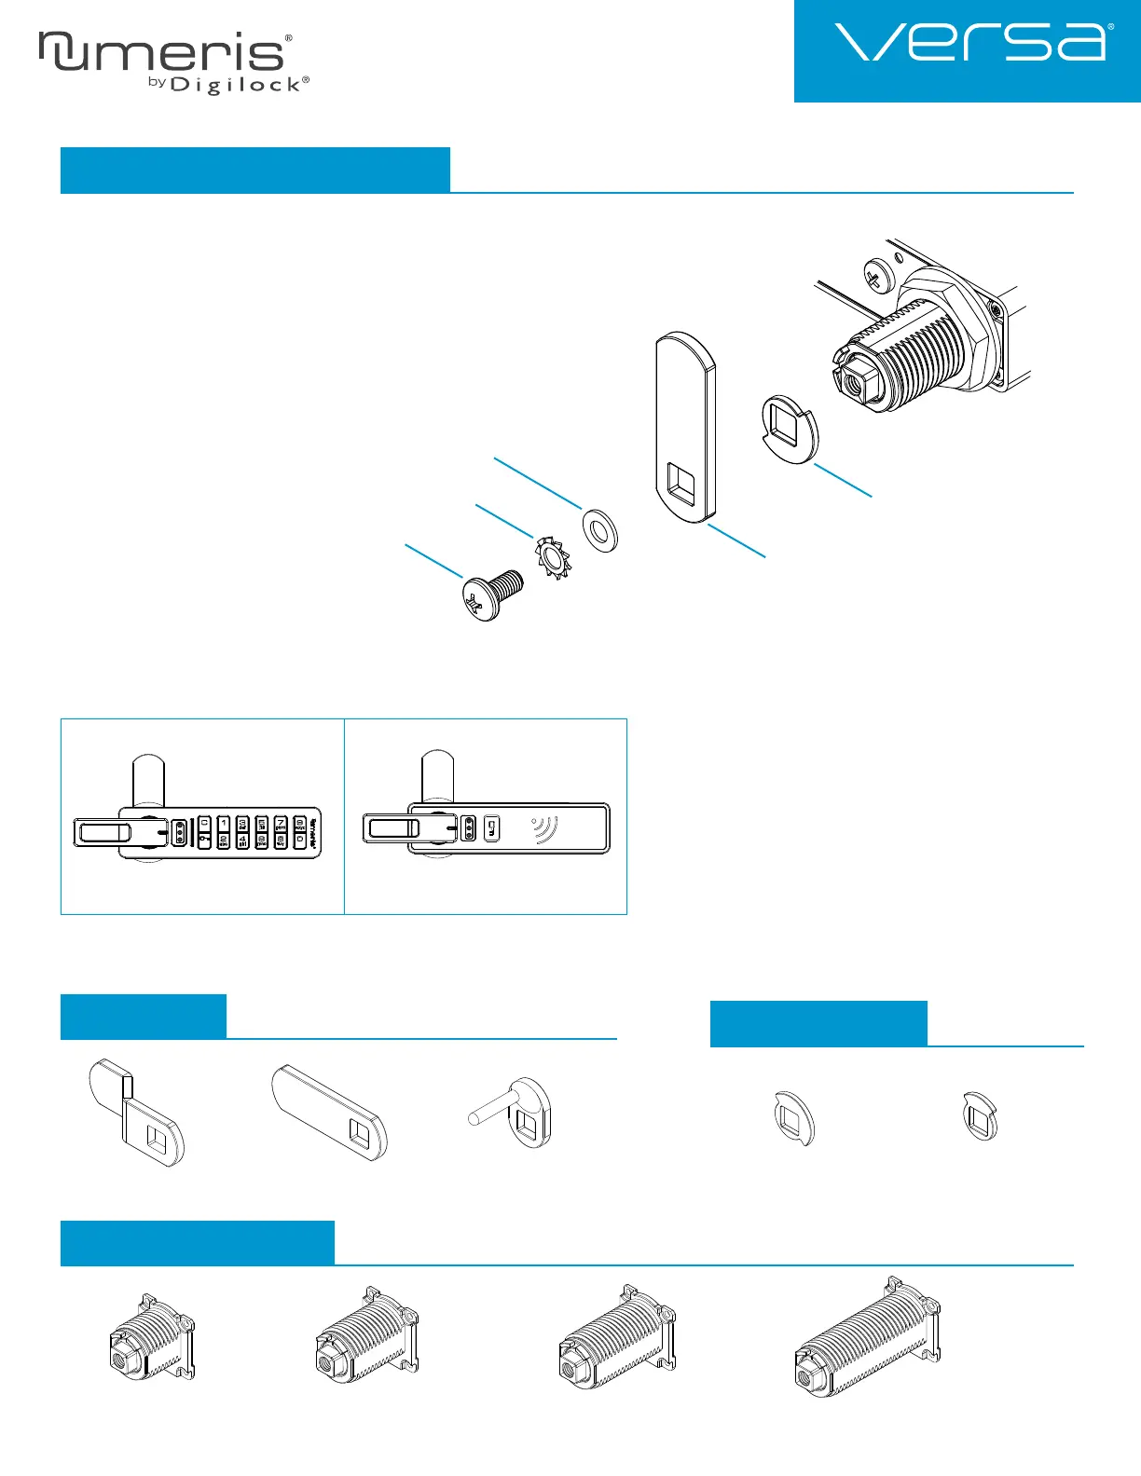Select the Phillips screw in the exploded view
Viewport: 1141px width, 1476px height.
[x=491, y=593]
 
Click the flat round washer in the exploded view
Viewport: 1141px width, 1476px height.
[x=600, y=530]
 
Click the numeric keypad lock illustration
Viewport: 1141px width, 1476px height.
[x=198, y=831]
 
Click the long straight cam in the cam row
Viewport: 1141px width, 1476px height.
[x=330, y=1111]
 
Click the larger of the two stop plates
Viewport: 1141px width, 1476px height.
[x=795, y=1116]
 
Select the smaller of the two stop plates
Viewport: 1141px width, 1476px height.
[x=980, y=1116]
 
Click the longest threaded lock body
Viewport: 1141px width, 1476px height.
[x=866, y=1337]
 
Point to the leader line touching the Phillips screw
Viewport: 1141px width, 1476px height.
[x=433, y=561]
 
